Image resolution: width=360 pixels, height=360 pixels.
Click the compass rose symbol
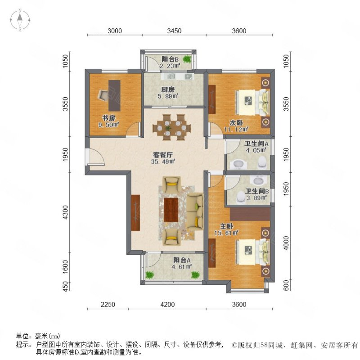pyautogui.click(x=20, y=20)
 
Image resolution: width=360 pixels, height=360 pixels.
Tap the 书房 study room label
pyautogui.click(x=108, y=118)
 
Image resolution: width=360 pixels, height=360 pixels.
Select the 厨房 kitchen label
pyautogui.click(x=168, y=90)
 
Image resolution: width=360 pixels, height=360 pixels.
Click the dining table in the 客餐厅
pyautogui.click(x=172, y=127)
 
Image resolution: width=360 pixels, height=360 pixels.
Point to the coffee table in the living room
pyautogui.click(x=171, y=210)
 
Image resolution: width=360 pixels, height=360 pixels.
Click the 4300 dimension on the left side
pyautogui.click(x=66, y=212)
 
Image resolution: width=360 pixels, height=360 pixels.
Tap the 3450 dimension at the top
pyautogui.click(x=174, y=31)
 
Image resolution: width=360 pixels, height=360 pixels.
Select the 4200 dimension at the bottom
pyautogui.click(x=167, y=305)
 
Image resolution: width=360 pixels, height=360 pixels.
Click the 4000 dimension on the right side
pyautogui.click(x=286, y=243)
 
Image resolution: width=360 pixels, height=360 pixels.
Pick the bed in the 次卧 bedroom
pyautogui.click(x=252, y=102)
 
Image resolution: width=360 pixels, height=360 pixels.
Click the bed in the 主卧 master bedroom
pyautogui.click(x=252, y=252)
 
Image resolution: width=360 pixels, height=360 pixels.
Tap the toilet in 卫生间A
pyautogui.click(x=262, y=162)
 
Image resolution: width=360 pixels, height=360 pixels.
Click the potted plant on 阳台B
pyautogui.click(x=187, y=59)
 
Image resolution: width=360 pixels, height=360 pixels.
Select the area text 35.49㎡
pyautogui.click(x=163, y=162)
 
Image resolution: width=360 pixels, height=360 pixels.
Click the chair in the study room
pyautogui.click(x=103, y=95)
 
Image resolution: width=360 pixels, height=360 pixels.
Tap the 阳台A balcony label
pyautogui.click(x=182, y=260)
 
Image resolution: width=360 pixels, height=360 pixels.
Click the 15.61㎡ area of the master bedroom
pyautogui.click(x=226, y=233)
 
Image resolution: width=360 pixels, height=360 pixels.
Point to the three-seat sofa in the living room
pyautogui.click(x=195, y=211)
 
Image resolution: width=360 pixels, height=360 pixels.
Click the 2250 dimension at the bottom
pyautogui.click(x=108, y=305)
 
